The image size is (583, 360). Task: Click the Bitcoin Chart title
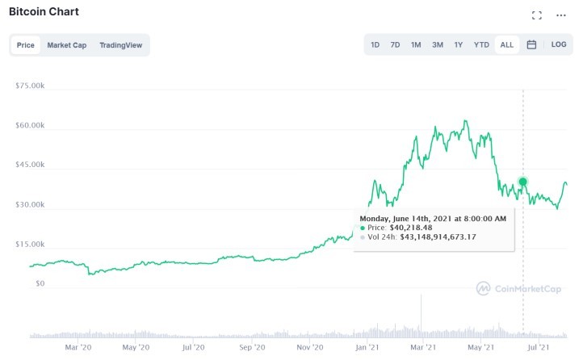point(44,13)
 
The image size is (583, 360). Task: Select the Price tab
point(26,45)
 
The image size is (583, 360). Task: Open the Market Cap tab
point(66,45)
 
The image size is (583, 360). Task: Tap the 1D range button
point(375,45)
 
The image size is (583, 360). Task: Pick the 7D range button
point(395,45)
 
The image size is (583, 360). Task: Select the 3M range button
point(437,45)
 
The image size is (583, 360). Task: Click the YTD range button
point(481,45)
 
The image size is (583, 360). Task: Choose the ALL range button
point(506,45)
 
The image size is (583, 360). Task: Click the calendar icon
point(531,45)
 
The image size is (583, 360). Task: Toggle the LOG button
point(559,45)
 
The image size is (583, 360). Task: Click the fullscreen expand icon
point(537,15)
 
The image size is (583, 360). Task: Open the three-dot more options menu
point(561,15)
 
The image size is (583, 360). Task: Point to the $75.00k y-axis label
point(30,86)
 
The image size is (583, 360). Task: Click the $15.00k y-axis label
point(30,245)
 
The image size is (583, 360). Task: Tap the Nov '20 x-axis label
point(310,348)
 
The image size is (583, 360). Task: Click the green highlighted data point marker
point(523,182)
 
